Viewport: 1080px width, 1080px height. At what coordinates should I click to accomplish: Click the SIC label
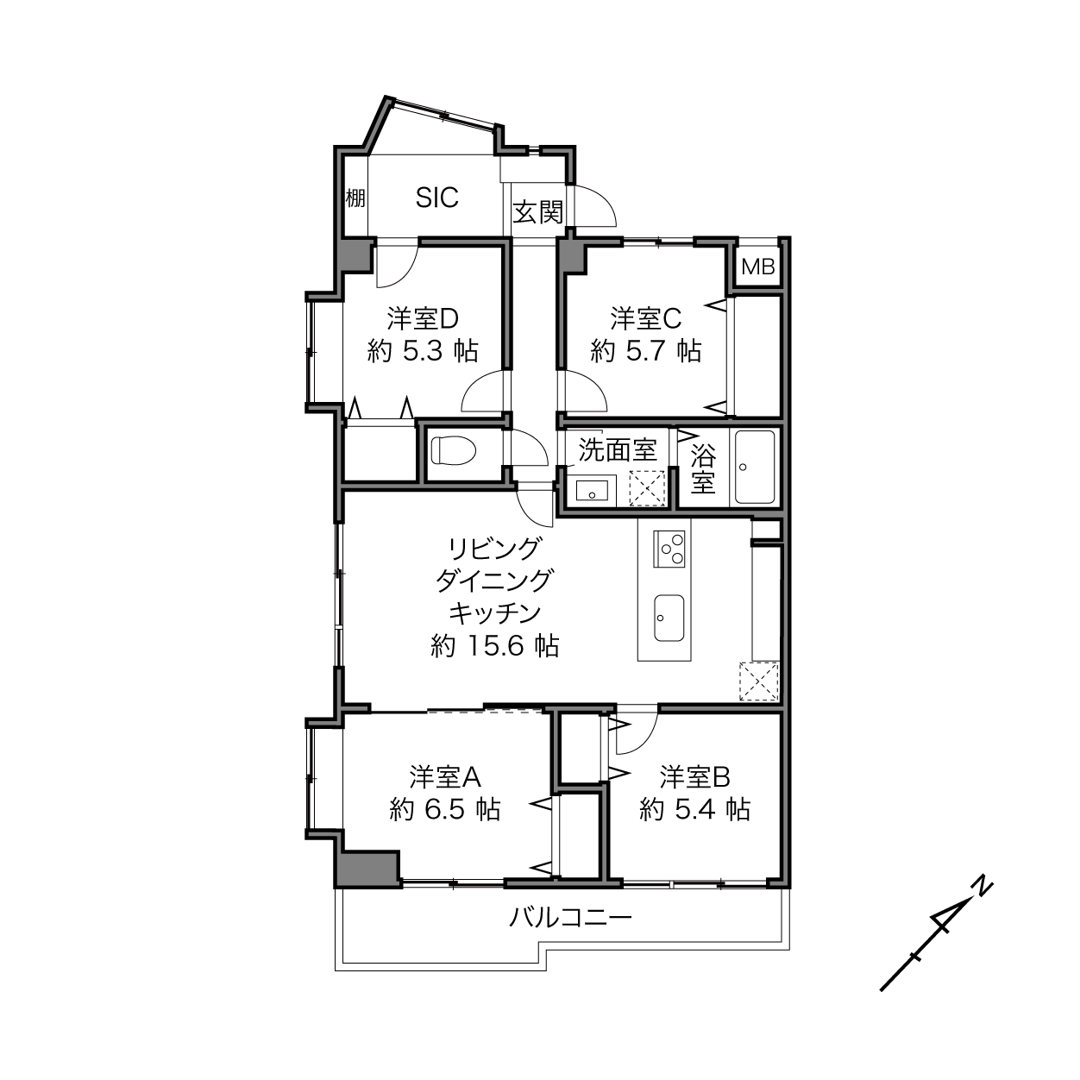(436, 198)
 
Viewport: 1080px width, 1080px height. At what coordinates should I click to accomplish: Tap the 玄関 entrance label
(537, 212)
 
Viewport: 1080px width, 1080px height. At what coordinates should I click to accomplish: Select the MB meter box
(757, 267)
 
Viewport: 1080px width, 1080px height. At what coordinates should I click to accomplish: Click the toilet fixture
(454, 450)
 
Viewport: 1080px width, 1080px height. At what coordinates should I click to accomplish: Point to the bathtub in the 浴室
(755, 467)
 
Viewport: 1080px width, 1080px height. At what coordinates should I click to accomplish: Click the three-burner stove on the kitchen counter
(669, 549)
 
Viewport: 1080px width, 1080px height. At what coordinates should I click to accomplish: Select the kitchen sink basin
(669, 618)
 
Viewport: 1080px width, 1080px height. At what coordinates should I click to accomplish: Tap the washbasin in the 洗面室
(591, 492)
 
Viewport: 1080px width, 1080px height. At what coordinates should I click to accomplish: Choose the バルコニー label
(570, 918)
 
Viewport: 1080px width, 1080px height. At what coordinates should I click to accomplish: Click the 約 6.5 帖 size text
(444, 809)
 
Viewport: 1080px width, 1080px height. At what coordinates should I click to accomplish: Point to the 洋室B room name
(694, 777)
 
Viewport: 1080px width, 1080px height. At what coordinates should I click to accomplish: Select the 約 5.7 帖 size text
(645, 351)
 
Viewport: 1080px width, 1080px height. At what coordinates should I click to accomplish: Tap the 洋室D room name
(423, 318)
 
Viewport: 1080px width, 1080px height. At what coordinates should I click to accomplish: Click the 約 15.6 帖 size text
(495, 645)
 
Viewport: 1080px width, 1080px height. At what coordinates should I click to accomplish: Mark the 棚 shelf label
(355, 198)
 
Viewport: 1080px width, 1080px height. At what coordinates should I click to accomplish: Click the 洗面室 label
(617, 449)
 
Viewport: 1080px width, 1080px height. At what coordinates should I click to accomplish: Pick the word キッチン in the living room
(494, 612)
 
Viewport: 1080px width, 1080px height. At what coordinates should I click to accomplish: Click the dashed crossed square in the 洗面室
(646, 488)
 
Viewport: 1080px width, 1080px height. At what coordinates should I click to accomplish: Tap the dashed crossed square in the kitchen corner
(759, 681)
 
